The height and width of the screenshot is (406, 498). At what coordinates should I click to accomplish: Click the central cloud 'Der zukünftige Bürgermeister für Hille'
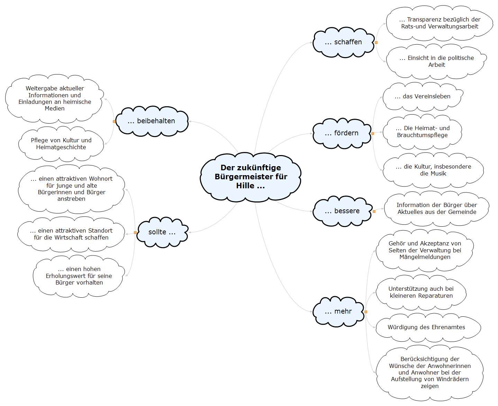[x=251, y=177]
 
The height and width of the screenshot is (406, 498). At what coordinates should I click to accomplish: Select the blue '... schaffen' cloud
[x=343, y=42]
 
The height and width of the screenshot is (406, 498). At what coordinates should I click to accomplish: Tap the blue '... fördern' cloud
[x=342, y=133]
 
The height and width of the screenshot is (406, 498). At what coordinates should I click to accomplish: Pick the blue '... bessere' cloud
[x=342, y=211]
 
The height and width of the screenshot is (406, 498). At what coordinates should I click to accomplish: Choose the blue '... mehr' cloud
[x=338, y=312]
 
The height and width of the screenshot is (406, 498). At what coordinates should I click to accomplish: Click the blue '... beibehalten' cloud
[x=152, y=121]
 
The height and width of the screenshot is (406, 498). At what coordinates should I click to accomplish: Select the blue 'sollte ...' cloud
[x=162, y=232]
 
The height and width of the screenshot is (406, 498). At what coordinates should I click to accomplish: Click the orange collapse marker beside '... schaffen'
[x=376, y=43]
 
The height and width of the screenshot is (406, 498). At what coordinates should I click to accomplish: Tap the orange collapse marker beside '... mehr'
[x=366, y=312]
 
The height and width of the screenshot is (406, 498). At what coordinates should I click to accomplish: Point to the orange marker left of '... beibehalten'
[x=114, y=121]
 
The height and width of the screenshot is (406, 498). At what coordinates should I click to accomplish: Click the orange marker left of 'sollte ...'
[x=135, y=233]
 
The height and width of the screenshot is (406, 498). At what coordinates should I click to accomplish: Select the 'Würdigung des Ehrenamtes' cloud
[x=428, y=327]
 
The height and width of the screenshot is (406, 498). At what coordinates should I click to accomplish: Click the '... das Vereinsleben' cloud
[x=423, y=97]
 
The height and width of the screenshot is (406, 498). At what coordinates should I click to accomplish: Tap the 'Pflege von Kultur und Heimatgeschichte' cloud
[x=61, y=144]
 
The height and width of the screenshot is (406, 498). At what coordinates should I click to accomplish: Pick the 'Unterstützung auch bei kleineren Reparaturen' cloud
[x=421, y=292]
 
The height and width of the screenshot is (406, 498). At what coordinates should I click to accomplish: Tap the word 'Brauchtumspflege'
[x=422, y=135]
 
